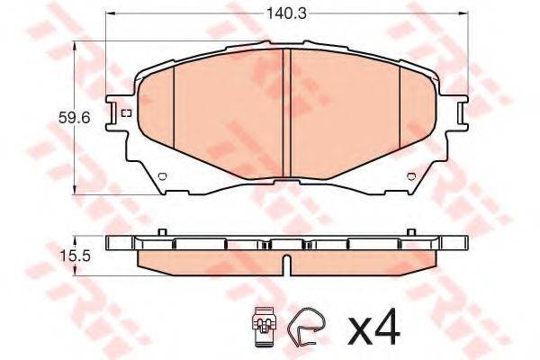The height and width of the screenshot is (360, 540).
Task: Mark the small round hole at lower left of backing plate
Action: coord(162,176)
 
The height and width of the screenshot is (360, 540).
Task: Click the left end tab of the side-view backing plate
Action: coord(114,243)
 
